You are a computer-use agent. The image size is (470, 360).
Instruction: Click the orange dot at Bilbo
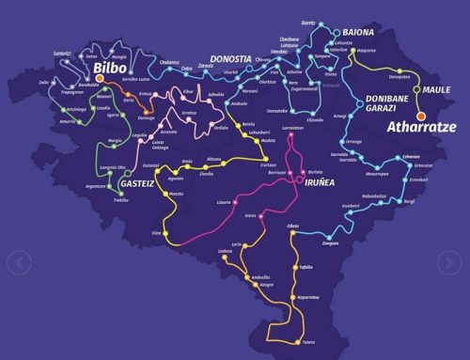click(x=99, y=93)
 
